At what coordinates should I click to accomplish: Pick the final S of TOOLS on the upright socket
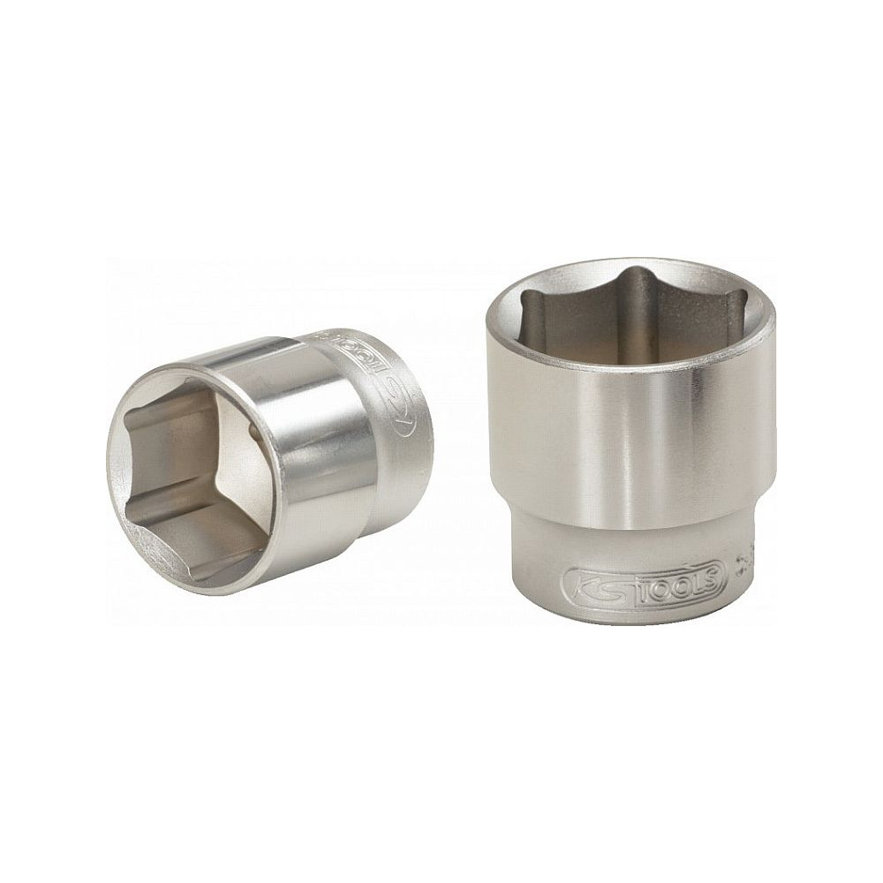[712, 581]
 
